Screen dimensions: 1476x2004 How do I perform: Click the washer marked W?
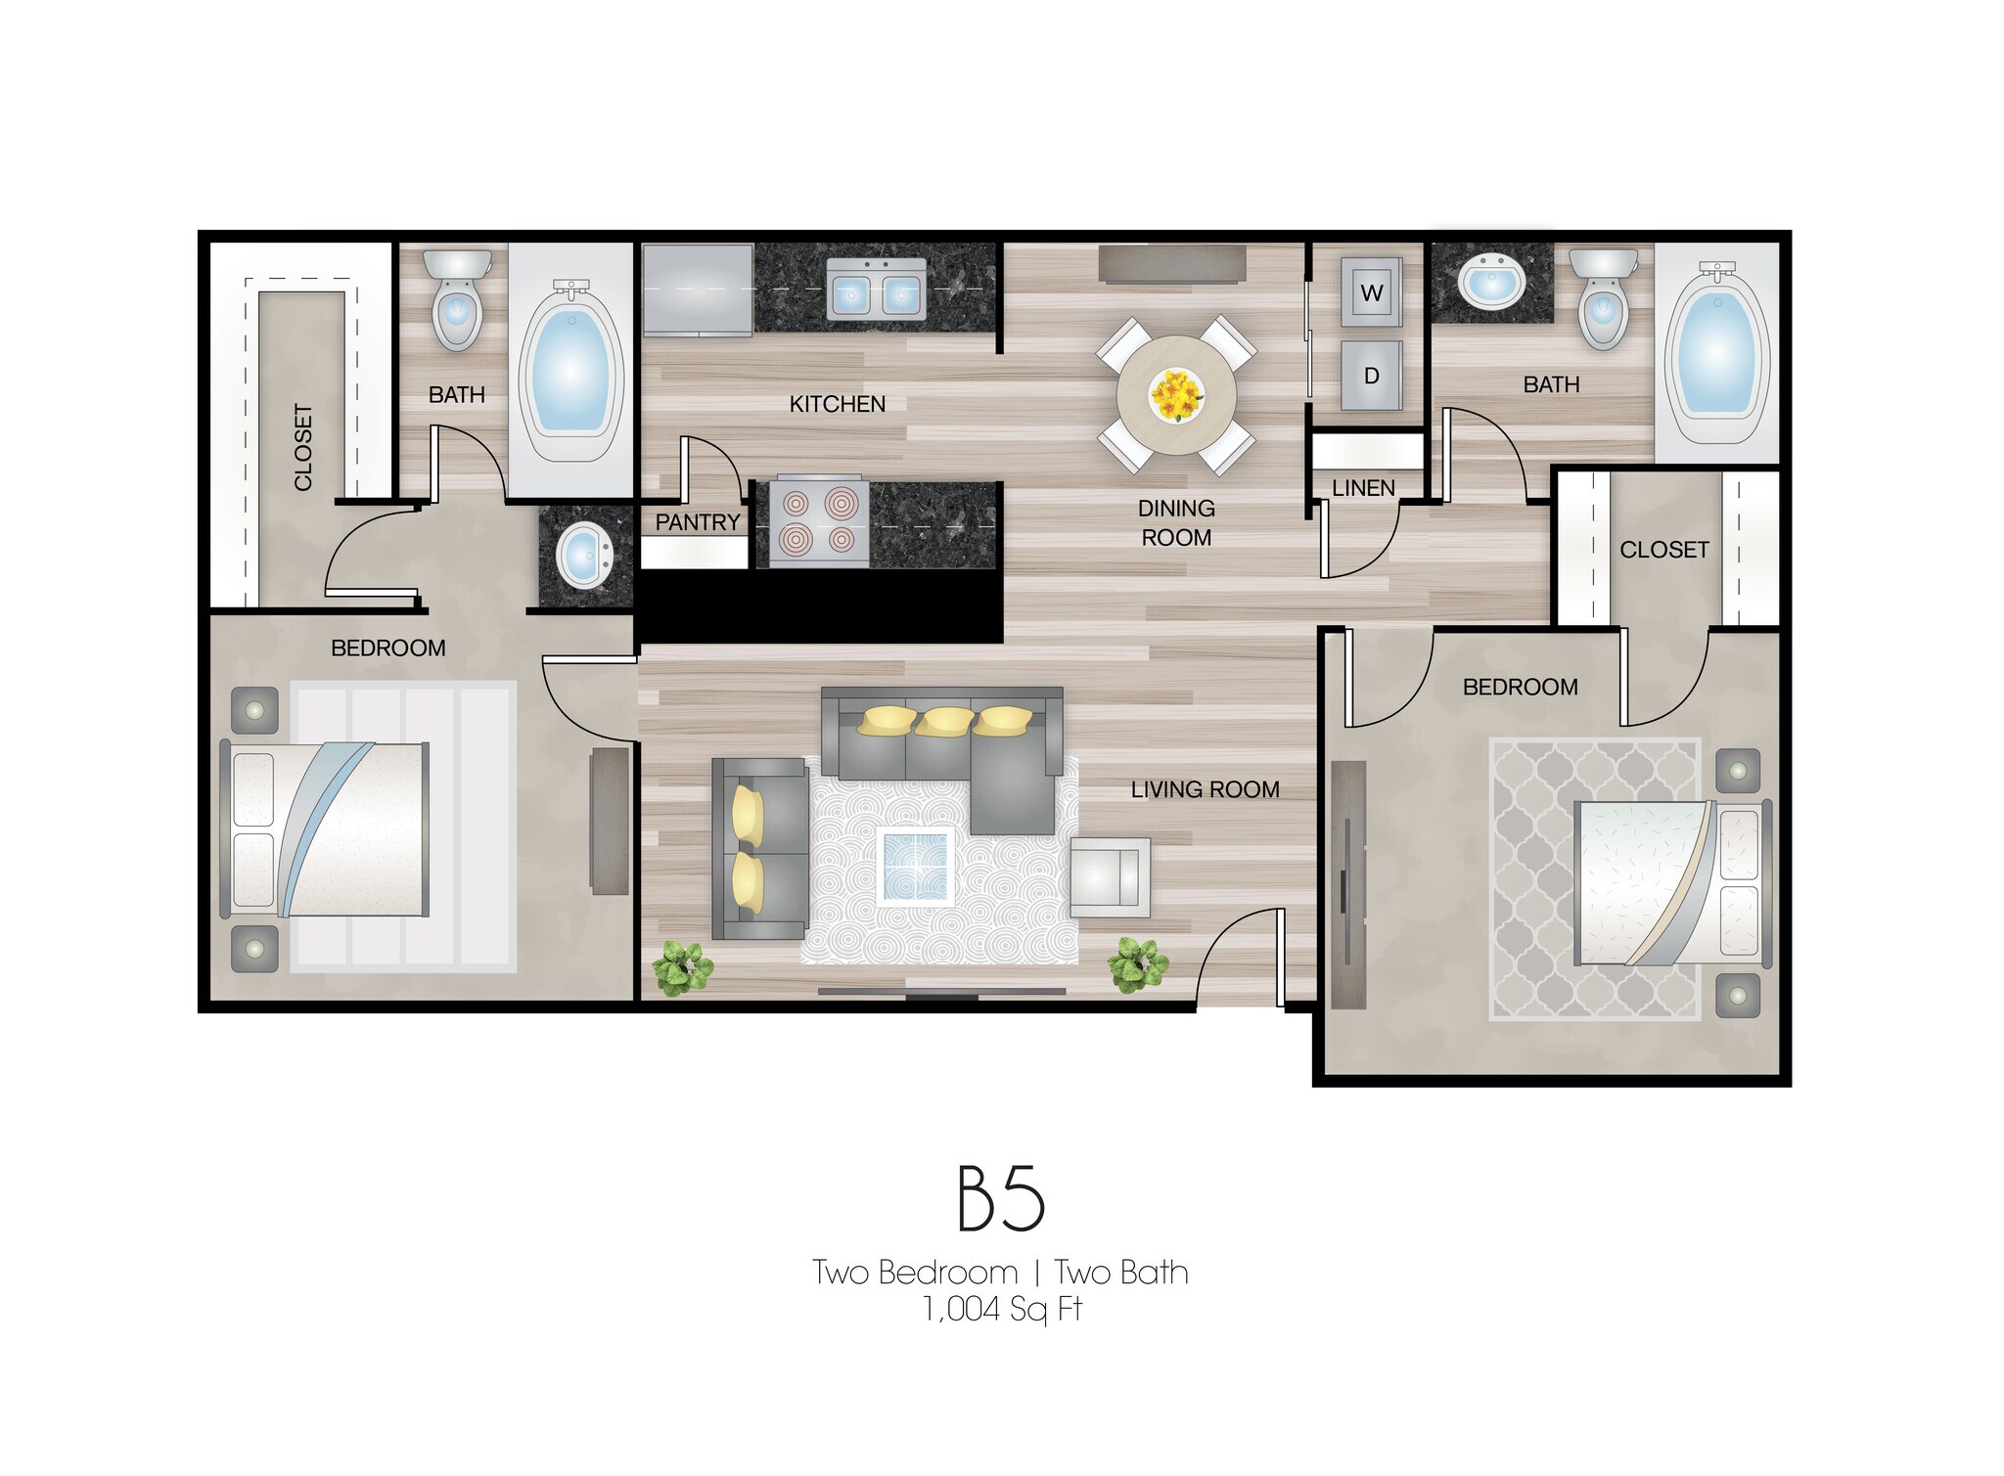pos(1371,291)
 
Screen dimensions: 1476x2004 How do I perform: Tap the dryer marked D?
pos(1371,375)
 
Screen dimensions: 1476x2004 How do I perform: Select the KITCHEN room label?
pos(837,404)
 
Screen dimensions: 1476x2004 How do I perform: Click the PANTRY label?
pos(697,522)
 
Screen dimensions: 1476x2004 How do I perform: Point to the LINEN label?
pos(1363,487)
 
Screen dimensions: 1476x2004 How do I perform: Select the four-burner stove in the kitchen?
pos(818,522)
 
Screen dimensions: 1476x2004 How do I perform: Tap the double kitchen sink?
pos(876,290)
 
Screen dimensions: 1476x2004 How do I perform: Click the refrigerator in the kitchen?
pos(697,290)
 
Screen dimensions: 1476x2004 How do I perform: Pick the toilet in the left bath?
pos(457,298)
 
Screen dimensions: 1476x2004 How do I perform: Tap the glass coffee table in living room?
pos(915,865)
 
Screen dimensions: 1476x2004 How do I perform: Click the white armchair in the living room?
pos(1109,877)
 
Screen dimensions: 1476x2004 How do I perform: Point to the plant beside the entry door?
pos(1137,963)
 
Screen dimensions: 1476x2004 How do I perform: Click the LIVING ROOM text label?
pos(1205,789)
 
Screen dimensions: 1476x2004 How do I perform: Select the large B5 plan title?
pos(1000,1198)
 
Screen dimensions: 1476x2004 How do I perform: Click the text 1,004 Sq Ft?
pos(1002,1309)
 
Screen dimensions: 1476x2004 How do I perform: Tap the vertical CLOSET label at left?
pos(303,447)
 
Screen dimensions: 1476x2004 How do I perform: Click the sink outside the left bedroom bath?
pos(583,555)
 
